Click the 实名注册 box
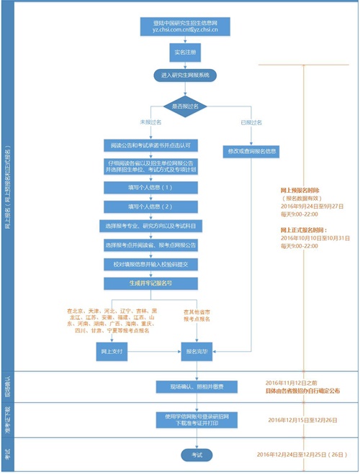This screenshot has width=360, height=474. point(181,53)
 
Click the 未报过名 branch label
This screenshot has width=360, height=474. point(148,122)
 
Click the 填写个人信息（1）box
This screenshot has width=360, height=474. point(148,187)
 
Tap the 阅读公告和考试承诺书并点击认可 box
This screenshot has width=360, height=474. point(148,144)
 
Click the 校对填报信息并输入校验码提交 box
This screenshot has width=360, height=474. point(148,264)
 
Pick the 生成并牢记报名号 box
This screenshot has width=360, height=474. point(148,283)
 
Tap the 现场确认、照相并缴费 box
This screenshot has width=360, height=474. point(190,387)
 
